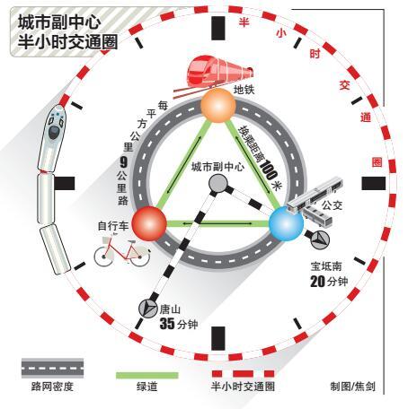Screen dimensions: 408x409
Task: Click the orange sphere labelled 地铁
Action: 218,105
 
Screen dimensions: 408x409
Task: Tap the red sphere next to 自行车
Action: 149,223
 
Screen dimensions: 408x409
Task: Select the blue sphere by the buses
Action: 286,223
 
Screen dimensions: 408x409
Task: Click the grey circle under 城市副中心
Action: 218,183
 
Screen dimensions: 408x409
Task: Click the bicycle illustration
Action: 122,250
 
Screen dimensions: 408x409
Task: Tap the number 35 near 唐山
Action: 167,324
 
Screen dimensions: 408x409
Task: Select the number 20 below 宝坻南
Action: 317,282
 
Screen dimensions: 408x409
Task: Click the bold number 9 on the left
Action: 124,162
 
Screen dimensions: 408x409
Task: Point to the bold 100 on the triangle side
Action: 268,170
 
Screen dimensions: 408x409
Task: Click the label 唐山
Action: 170,309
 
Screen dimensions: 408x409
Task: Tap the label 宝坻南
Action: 326,266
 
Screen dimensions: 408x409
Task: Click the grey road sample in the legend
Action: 52,368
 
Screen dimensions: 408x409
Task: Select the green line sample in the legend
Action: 147,376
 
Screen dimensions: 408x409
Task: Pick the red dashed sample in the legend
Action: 243,374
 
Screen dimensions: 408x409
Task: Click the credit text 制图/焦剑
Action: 353,387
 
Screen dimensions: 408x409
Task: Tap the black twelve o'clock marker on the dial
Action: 218,28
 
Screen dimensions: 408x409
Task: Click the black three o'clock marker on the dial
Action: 374,183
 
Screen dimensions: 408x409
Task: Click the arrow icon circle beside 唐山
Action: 148,308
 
